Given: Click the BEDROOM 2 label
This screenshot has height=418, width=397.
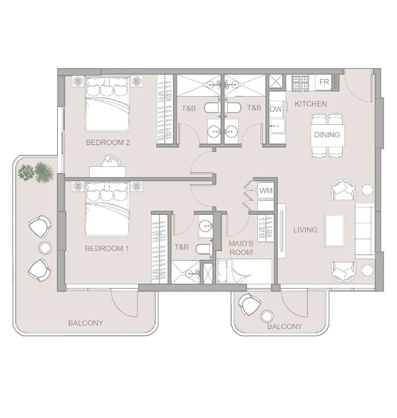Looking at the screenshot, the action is point(108,142).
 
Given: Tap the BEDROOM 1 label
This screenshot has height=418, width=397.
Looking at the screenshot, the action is point(107,248).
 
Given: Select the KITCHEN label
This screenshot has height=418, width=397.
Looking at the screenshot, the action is point(311,104).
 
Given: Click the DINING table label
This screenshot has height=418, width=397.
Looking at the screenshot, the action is point(327,135).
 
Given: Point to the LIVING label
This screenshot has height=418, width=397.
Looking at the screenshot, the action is point(305,230).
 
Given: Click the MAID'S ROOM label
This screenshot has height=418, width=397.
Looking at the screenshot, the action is point(241,248).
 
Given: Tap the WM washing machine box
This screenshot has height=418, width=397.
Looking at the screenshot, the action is point(266,190).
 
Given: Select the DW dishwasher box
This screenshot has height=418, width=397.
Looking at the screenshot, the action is point(276,109).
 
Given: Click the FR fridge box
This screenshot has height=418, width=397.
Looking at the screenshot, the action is point(324,81).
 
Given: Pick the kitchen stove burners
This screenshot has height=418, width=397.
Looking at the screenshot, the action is point(300,82).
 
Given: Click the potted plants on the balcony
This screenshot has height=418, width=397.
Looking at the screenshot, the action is point(35,172).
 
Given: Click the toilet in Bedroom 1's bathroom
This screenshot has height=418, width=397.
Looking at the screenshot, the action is point(204,249).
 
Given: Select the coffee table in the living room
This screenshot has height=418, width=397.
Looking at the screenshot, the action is point(335,231).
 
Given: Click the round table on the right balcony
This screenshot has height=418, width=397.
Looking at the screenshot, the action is point(267,317).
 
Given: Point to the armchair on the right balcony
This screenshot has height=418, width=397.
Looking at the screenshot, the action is point(250,304).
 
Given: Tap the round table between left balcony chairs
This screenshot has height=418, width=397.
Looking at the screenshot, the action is point(45,248).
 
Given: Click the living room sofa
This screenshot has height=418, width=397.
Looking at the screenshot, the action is point(365,231).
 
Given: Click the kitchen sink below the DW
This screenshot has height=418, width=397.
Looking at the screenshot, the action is point(277,127).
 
